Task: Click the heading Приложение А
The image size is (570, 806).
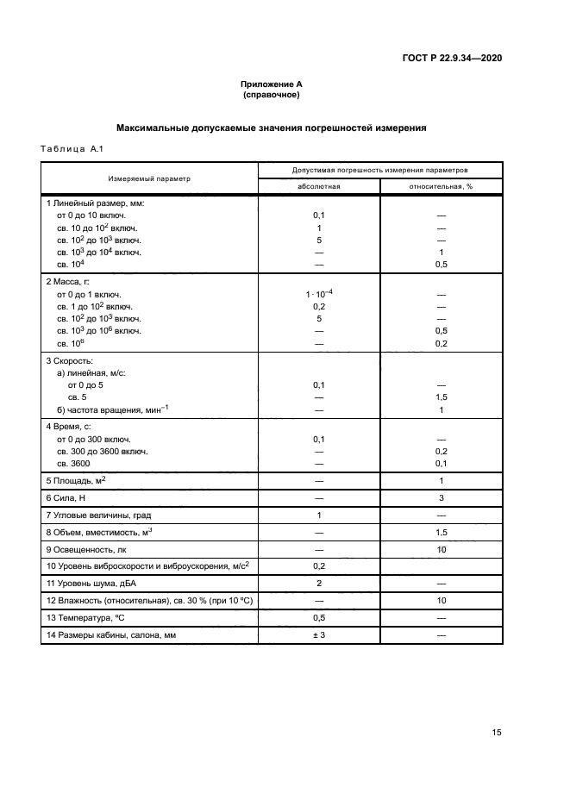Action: click(271, 84)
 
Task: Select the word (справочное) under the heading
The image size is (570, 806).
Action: click(271, 95)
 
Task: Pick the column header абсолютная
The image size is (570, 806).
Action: click(319, 186)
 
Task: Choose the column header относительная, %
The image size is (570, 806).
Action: click(441, 186)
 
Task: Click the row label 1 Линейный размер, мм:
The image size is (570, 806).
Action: click(94, 203)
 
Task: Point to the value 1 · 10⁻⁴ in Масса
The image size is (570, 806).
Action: click(319, 294)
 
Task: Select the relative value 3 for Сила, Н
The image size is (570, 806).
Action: click(441, 497)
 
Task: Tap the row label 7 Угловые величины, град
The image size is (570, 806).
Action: click(98, 515)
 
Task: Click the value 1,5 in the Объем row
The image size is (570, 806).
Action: click(441, 533)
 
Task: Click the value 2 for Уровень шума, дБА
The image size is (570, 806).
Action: click(319, 584)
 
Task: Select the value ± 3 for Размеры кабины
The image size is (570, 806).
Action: click(319, 635)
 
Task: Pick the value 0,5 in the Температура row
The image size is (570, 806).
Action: click(319, 618)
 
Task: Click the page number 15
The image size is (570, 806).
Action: click(497, 733)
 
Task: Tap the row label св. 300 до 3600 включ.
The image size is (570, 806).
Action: click(102, 451)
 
